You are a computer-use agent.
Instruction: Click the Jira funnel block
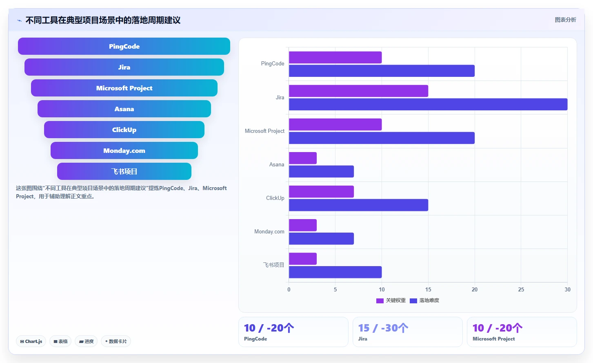[x=124, y=67]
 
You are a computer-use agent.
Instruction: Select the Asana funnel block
[x=124, y=109]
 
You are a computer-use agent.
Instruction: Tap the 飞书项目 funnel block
[x=124, y=171]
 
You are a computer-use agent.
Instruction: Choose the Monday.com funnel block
[x=124, y=150]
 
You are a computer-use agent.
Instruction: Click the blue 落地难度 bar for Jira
[x=428, y=104]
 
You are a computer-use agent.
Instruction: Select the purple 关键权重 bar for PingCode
[x=335, y=57]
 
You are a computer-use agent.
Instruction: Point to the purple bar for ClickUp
[x=321, y=191]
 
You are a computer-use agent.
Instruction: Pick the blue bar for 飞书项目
[x=335, y=272]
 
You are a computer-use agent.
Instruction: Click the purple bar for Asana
[x=303, y=158]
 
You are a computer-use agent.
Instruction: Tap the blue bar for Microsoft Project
[x=382, y=138]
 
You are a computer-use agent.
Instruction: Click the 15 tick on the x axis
[x=428, y=289]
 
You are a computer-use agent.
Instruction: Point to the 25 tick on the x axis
[x=521, y=289]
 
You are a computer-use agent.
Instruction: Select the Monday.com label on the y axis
[x=269, y=231]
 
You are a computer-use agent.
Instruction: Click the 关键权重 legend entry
[x=391, y=300]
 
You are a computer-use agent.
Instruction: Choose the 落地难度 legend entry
[x=424, y=300]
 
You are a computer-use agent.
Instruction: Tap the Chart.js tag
[x=31, y=341]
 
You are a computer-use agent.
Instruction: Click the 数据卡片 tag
[x=115, y=341]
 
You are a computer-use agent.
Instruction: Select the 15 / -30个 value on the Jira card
[x=383, y=328]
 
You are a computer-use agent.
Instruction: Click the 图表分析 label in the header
[x=566, y=20]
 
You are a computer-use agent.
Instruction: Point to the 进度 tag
[x=86, y=341]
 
